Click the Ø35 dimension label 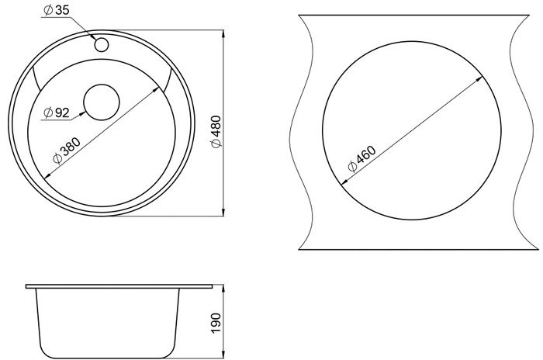click(x=56, y=10)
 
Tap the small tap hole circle click(x=102, y=45)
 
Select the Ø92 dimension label click(x=57, y=112)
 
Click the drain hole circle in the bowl click(x=102, y=102)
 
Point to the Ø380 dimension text click(x=67, y=150)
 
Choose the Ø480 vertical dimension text click(x=216, y=132)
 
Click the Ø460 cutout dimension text click(x=361, y=159)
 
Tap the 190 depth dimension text click(x=216, y=323)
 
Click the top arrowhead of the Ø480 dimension click(x=223, y=34)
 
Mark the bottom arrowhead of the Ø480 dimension click(x=223, y=212)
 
